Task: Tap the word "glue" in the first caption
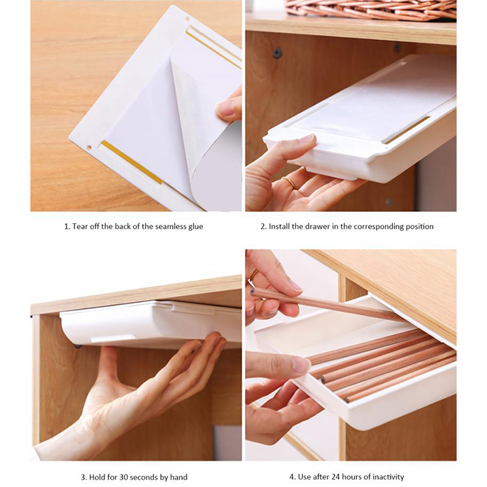coord(195,227)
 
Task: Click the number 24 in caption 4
coord(336,477)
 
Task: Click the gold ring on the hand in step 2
coord(290,183)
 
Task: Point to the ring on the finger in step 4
coord(254,275)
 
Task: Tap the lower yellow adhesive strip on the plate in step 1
coord(131,162)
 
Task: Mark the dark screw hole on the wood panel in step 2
coord(277,53)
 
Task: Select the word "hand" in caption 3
coord(178,477)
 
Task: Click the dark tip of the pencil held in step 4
coord(253,292)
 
